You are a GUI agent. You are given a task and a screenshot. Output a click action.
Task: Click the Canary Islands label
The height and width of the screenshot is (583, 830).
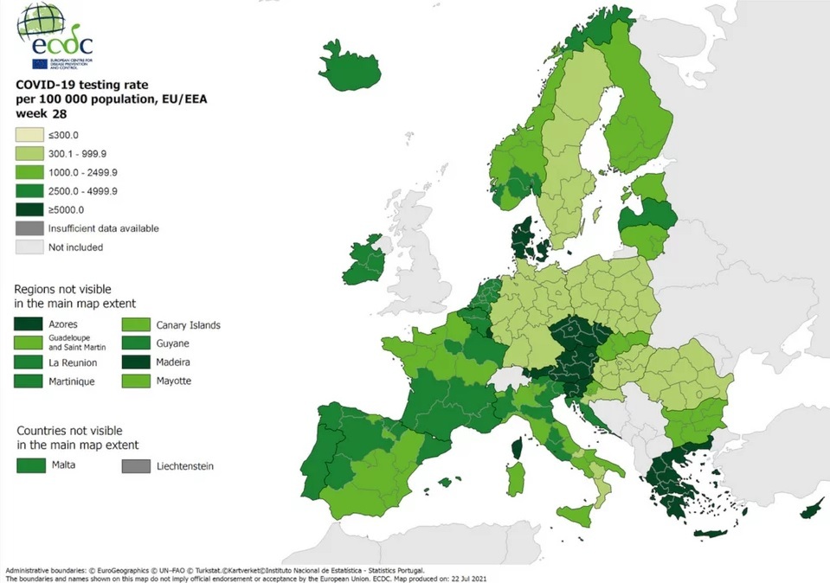tap(188, 325)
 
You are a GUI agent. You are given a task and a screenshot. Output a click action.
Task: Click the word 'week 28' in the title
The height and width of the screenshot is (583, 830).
tap(36, 113)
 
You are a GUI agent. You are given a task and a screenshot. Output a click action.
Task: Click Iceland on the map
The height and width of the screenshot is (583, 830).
tap(351, 61)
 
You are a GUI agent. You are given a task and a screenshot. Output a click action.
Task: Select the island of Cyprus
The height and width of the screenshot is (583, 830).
tap(812, 511)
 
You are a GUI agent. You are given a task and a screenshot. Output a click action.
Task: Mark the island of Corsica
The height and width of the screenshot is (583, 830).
tap(517, 447)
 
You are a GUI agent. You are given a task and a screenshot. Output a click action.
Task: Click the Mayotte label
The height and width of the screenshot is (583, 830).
tap(174, 381)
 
